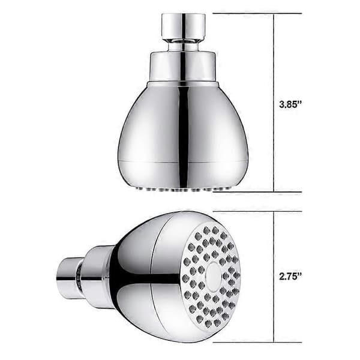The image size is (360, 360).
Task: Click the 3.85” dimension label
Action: pos(290,104)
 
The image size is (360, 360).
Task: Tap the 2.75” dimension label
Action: pos(290,276)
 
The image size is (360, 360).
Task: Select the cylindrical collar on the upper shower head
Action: pos(183,67)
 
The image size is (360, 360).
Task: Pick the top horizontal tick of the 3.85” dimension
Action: pos(257,14)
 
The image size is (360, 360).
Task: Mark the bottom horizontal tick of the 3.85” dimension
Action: pos(257,192)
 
